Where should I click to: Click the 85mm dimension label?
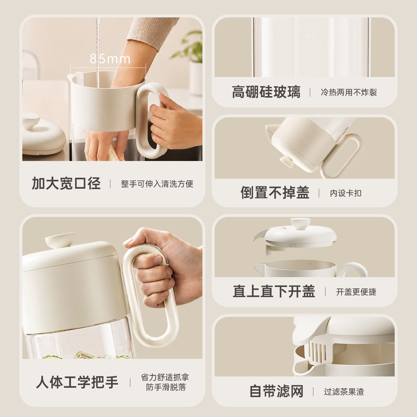click(110, 59)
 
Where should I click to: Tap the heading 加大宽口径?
click(66, 184)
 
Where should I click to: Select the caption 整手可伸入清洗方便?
click(157, 184)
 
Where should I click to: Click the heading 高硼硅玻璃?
click(266, 92)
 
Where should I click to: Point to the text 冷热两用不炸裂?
click(349, 92)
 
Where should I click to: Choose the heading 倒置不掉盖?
click(275, 192)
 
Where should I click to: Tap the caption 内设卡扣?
click(345, 193)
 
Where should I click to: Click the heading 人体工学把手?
click(77, 382)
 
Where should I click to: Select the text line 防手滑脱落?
click(166, 387)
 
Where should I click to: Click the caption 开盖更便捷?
click(356, 292)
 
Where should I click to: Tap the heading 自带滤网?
click(277, 391)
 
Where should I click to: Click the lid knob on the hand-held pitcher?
click(60, 240)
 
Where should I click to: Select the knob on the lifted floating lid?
click(300, 224)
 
